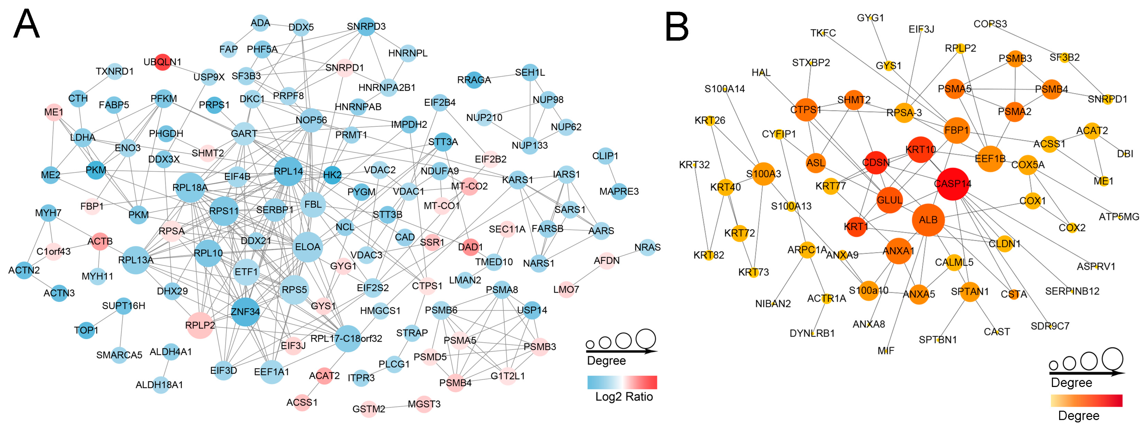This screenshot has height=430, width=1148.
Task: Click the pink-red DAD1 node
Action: click(x=471, y=247)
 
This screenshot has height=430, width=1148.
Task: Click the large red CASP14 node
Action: click(x=953, y=184)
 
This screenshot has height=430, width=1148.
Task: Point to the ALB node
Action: click(x=928, y=220)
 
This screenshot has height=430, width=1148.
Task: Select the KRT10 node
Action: click(x=921, y=150)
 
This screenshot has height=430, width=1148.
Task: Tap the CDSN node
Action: click(x=876, y=163)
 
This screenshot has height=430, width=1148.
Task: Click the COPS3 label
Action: click(x=990, y=24)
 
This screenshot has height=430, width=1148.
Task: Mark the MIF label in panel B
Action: click(x=886, y=351)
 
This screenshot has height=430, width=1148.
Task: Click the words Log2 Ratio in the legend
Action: click(x=624, y=397)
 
